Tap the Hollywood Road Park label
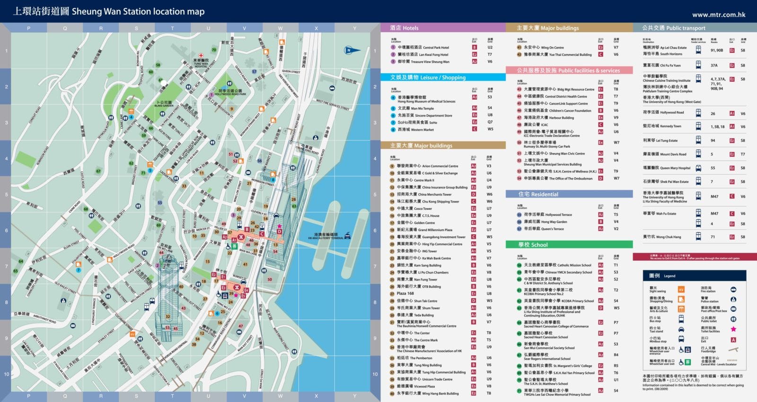tap(230, 93)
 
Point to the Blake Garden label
tap(164, 104)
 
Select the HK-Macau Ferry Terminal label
tap(326, 236)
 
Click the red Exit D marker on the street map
tap(280, 231)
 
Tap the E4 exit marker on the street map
tap(246, 290)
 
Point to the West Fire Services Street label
tap(332, 104)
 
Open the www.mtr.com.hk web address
tap(719, 15)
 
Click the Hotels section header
tap(404, 28)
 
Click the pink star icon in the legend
tap(733, 329)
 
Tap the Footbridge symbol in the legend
tap(733, 350)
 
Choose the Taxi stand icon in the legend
tap(681, 329)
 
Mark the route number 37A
tap(714, 66)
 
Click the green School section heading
tap(533, 245)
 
